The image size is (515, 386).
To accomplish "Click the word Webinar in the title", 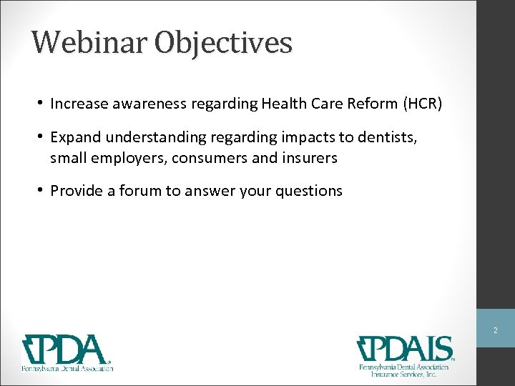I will point(82,42).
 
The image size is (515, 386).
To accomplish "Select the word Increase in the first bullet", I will point(76,104).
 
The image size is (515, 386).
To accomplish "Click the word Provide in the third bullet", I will point(74,191).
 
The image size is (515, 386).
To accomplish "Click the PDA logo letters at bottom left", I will point(68,350).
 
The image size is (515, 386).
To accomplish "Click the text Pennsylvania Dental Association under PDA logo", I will point(67,368).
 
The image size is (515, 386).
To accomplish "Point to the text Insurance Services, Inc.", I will point(405,374).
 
